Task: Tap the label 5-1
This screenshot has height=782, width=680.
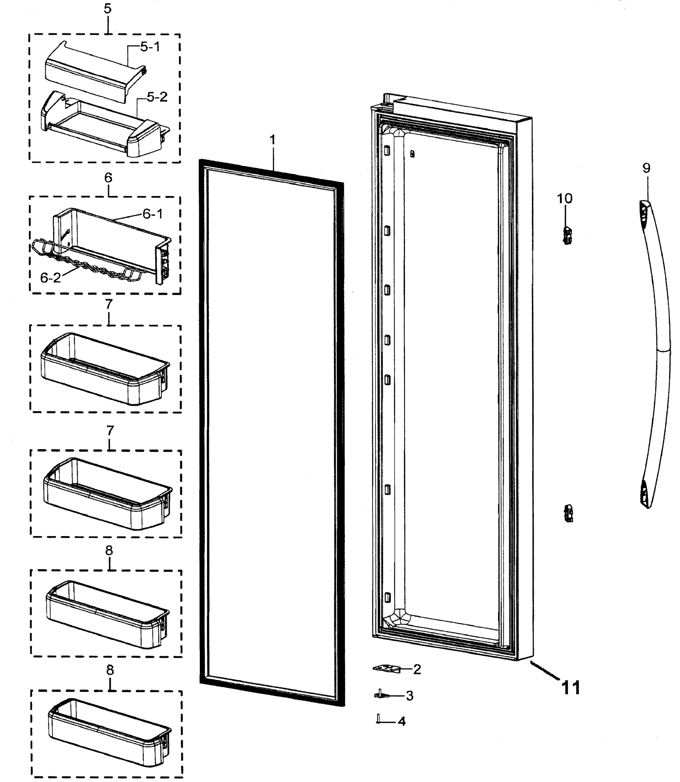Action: click(150, 47)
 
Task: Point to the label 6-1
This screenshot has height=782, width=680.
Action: click(153, 214)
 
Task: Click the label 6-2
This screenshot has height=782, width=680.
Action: click(51, 278)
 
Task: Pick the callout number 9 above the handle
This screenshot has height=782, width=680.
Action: click(646, 168)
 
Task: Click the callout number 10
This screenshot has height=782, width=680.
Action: click(565, 198)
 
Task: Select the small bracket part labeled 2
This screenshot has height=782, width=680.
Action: click(387, 669)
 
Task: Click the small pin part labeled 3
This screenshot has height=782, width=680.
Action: click(382, 694)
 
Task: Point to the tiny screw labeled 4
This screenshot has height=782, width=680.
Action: click(379, 719)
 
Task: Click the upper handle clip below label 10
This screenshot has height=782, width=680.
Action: click(567, 236)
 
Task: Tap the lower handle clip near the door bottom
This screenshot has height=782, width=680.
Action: click(569, 514)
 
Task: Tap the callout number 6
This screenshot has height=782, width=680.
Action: click(109, 178)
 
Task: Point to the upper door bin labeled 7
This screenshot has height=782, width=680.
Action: click(104, 368)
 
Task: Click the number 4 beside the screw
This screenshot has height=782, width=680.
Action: click(402, 721)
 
